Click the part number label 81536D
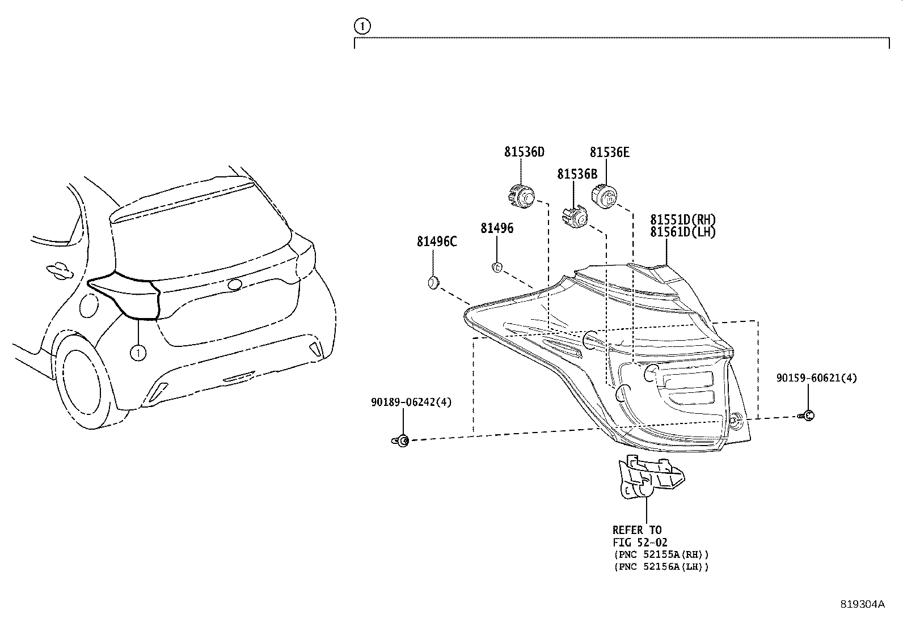[x=524, y=152]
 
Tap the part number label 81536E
[x=609, y=152]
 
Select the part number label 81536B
[x=577, y=174]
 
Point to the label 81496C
[x=437, y=241]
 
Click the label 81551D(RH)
[x=683, y=219]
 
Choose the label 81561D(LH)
[x=683, y=232]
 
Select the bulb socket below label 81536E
[x=605, y=197]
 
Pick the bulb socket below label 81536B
[x=575, y=218]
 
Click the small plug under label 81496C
[x=433, y=282]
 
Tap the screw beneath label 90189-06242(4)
[x=401, y=440]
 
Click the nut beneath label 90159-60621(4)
[x=808, y=416]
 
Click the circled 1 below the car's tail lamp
[x=138, y=353]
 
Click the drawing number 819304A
[x=862, y=604]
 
